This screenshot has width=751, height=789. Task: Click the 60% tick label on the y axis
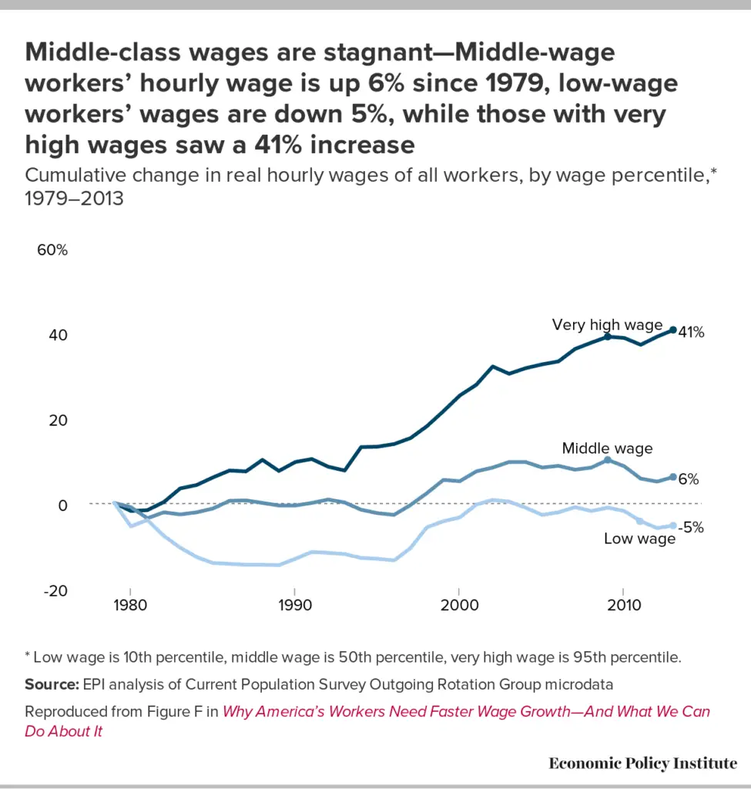pos(52,251)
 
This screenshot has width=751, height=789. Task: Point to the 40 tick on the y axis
pos(58,335)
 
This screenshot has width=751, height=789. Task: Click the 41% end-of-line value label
pos(691,333)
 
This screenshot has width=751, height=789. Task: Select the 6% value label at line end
pos(688,479)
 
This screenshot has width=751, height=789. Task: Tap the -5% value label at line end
pos(690,528)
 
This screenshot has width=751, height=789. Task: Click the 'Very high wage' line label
pos(607,324)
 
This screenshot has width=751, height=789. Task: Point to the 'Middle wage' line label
pos(607,448)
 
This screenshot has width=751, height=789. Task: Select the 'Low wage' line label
pos(639,539)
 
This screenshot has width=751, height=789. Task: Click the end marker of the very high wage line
pos(673,330)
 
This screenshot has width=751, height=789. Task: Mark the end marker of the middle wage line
pos(673,478)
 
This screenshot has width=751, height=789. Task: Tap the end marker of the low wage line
pos(673,525)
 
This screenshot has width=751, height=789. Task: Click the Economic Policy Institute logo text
pos(642,763)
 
